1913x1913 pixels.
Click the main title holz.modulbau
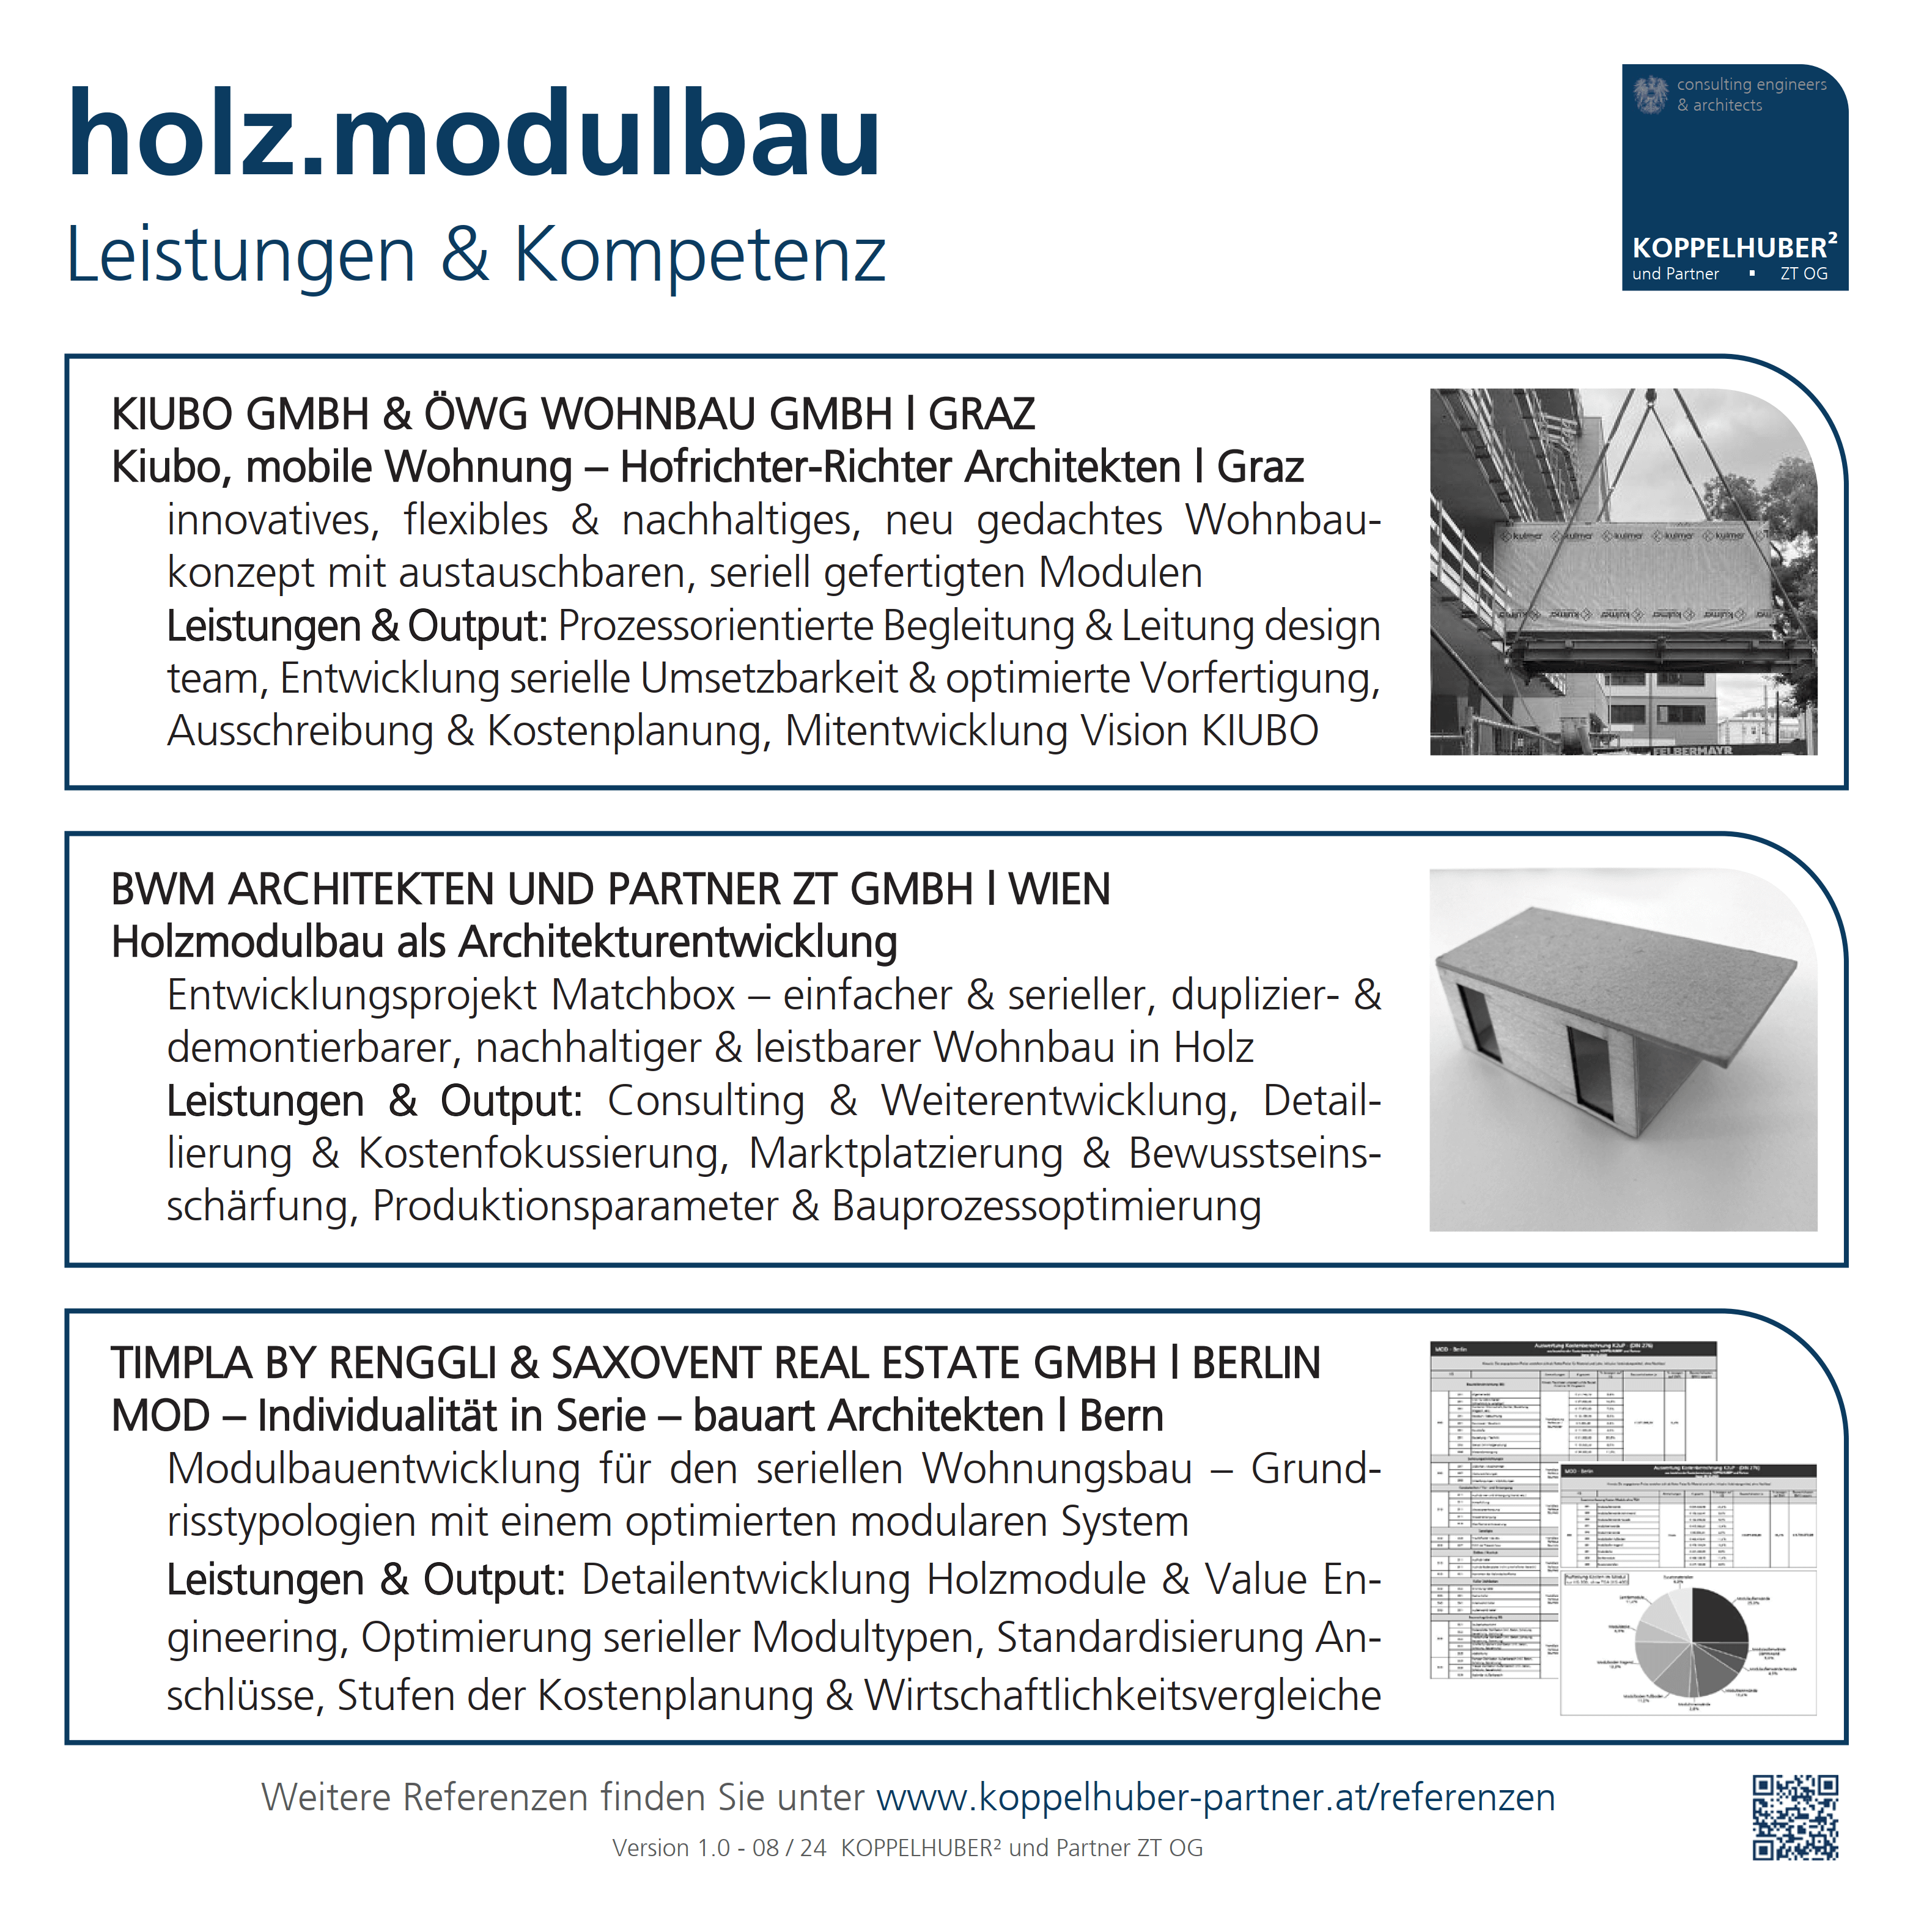[473, 134]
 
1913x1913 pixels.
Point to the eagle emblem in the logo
[1651, 95]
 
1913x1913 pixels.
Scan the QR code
[1795, 1817]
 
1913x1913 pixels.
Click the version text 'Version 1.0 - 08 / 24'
[719, 1848]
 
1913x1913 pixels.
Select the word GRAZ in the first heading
[981, 414]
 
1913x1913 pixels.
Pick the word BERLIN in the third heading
[1256, 1363]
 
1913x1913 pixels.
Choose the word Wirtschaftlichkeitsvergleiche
[1123, 1695]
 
